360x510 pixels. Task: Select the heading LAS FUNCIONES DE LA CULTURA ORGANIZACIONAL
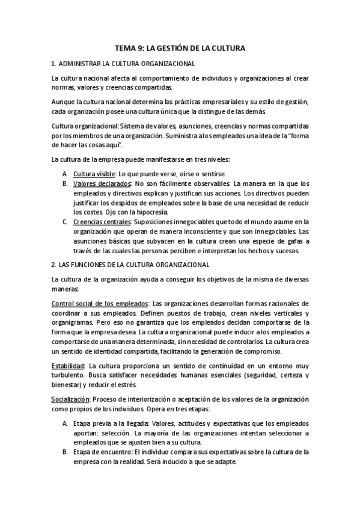[134, 264]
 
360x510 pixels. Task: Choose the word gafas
[287, 241]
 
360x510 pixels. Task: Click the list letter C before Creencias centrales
[64, 221]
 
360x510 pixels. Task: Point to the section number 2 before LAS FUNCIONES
[53, 264]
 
